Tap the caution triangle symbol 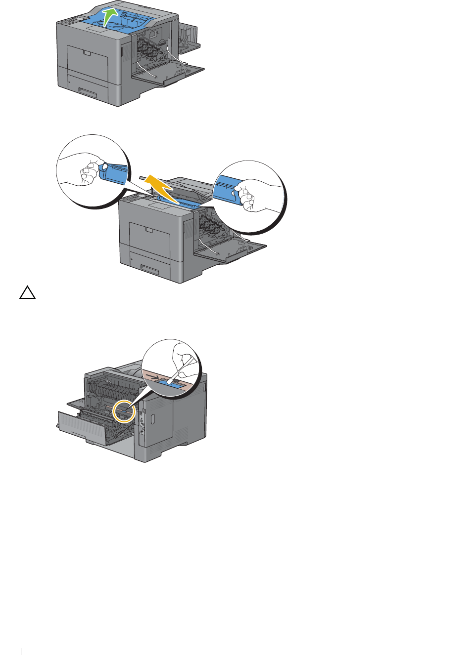tap(28, 293)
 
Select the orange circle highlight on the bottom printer tap(124, 411)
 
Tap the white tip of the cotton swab tap(170, 381)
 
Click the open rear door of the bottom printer tap(94, 430)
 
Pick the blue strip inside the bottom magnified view tap(174, 383)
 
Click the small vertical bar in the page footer tap(21, 652)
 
